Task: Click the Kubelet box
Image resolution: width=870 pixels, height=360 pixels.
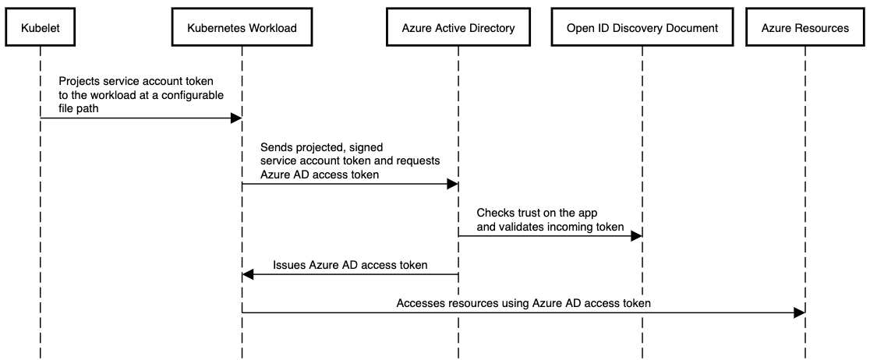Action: click(x=40, y=28)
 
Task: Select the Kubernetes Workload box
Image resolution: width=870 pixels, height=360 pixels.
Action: click(x=242, y=28)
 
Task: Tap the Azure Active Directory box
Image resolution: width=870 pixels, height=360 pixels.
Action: click(x=458, y=28)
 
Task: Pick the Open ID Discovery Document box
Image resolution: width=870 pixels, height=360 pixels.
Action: click(x=642, y=28)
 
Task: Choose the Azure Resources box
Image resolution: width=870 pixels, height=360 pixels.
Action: click(x=805, y=28)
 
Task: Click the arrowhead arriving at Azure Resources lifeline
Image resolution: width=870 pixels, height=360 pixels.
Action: click(x=798, y=312)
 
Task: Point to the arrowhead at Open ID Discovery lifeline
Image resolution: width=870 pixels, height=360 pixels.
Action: click(x=636, y=235)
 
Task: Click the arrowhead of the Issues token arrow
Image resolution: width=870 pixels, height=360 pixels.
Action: click(x=249, y=274)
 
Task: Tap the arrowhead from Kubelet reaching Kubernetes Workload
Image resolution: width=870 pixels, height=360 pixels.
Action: click(x=235, y=118)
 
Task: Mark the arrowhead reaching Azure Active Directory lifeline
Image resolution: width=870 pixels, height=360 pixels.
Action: click(x=451, y=184)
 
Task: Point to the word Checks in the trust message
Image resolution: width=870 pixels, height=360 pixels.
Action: click(x=494, y=213)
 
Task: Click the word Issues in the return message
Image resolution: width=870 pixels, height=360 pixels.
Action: click(x=289, y=265)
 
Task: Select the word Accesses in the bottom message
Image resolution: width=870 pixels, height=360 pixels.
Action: click(x=422, y=303)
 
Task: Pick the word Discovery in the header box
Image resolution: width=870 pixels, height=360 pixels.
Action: click(x=642, y=28)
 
